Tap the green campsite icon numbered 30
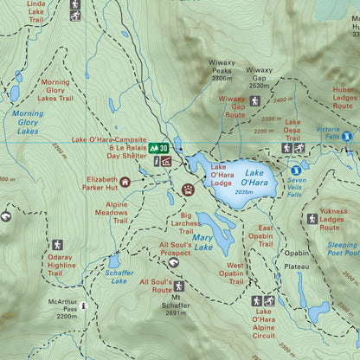pyautogui.click(x=158, y=148)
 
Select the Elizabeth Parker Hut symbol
pyautogui.click(x=125, y=182)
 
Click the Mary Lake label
pyautogui.click(x=202, y=241)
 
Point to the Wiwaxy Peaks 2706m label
pyautogui.click(x=222, y=70)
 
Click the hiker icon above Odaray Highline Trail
pyautogui.click(x=57, y=246)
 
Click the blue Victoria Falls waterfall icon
pyautogui.click(x=347, y=137)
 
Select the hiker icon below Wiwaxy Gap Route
pyautogui.click(x=254, y=101)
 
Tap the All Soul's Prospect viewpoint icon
pyautogui.click(x=174, y=263)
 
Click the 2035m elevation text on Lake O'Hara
pyautogui.click(x=243, y=192)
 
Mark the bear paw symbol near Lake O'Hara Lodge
pyautogui.click(x=188, y=188)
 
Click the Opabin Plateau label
pyautogui.click(x=296, y=260)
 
